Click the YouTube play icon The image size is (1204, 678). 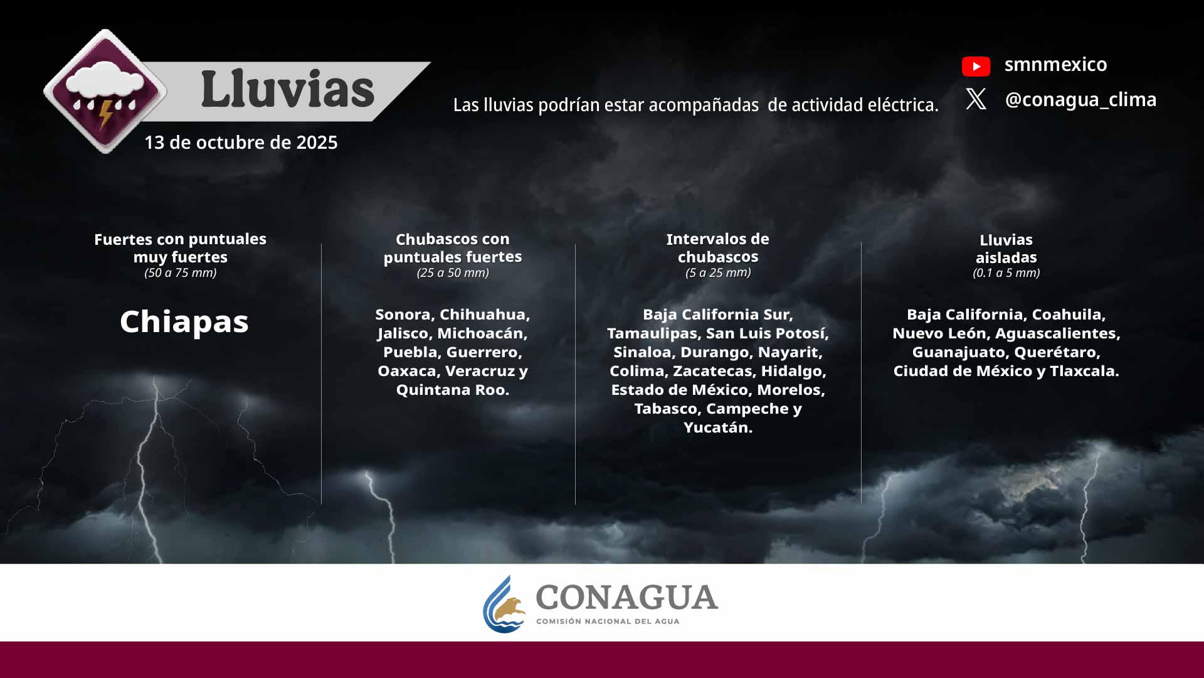coord(976,66)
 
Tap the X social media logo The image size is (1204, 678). coord(976,99)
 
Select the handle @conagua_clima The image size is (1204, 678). coord(1080,100)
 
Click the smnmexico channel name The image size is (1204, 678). coord(1055,65)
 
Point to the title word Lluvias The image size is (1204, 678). coord(288,89)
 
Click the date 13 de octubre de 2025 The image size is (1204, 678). coord(241,143)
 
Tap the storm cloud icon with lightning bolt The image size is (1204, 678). coord(105,91)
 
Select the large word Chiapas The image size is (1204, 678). coord(184,322)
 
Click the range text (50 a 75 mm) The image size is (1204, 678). coord(181,273)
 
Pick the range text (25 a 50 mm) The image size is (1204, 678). coord(453,273)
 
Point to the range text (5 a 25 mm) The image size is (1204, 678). coord(718,273)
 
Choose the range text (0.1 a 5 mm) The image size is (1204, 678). coord(1006,273)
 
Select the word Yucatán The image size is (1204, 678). coord(717,428)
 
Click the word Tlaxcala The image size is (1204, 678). coord(1084,371)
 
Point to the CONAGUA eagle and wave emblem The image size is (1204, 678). coord(505,605)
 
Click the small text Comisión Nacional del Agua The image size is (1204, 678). coord(607,621)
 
